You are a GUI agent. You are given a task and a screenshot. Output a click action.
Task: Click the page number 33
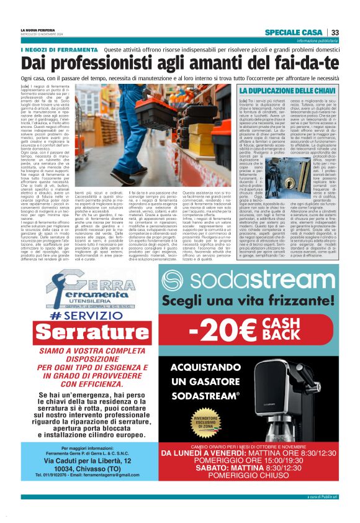pyautogui.click(x=335, y=32)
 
